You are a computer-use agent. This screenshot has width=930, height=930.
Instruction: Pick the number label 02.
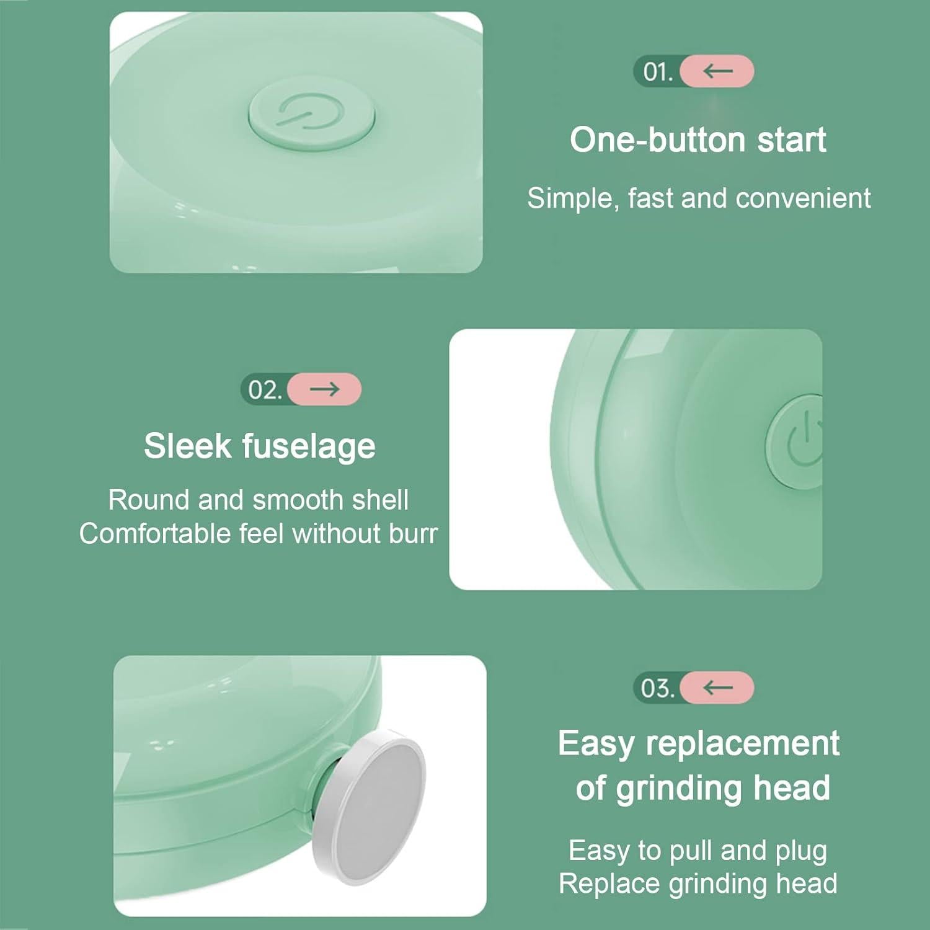pos(265,390)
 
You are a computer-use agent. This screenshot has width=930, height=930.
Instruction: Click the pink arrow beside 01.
pos(717,71)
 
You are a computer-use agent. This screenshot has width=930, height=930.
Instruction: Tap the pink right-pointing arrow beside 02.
pos(324,389)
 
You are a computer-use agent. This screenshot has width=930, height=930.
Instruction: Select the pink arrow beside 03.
pos(717,688)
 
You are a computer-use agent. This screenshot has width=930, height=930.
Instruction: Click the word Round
pos(149,500)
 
